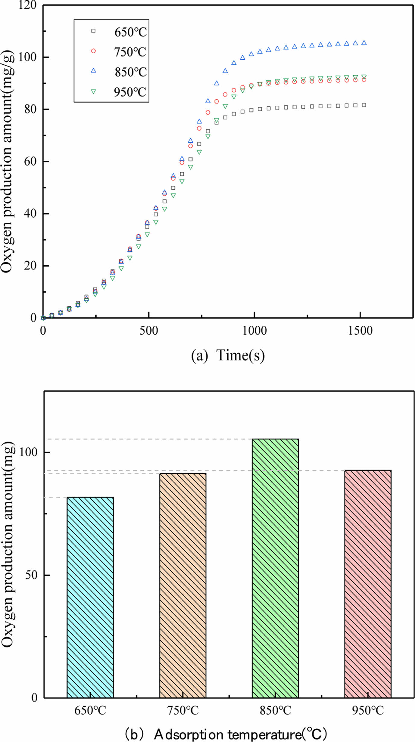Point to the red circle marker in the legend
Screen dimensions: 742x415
pos(93,51)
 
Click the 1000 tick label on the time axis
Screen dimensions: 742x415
pos(254,331)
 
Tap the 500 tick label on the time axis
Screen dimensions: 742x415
pos(148,331)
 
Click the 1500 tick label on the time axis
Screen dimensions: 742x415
pos(360,331)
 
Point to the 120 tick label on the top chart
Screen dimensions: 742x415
pos(28,5)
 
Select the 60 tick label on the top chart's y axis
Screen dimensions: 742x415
pos(30,161)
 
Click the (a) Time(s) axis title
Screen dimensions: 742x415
pos(228,355)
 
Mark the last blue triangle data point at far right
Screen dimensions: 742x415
pos(364,43)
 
